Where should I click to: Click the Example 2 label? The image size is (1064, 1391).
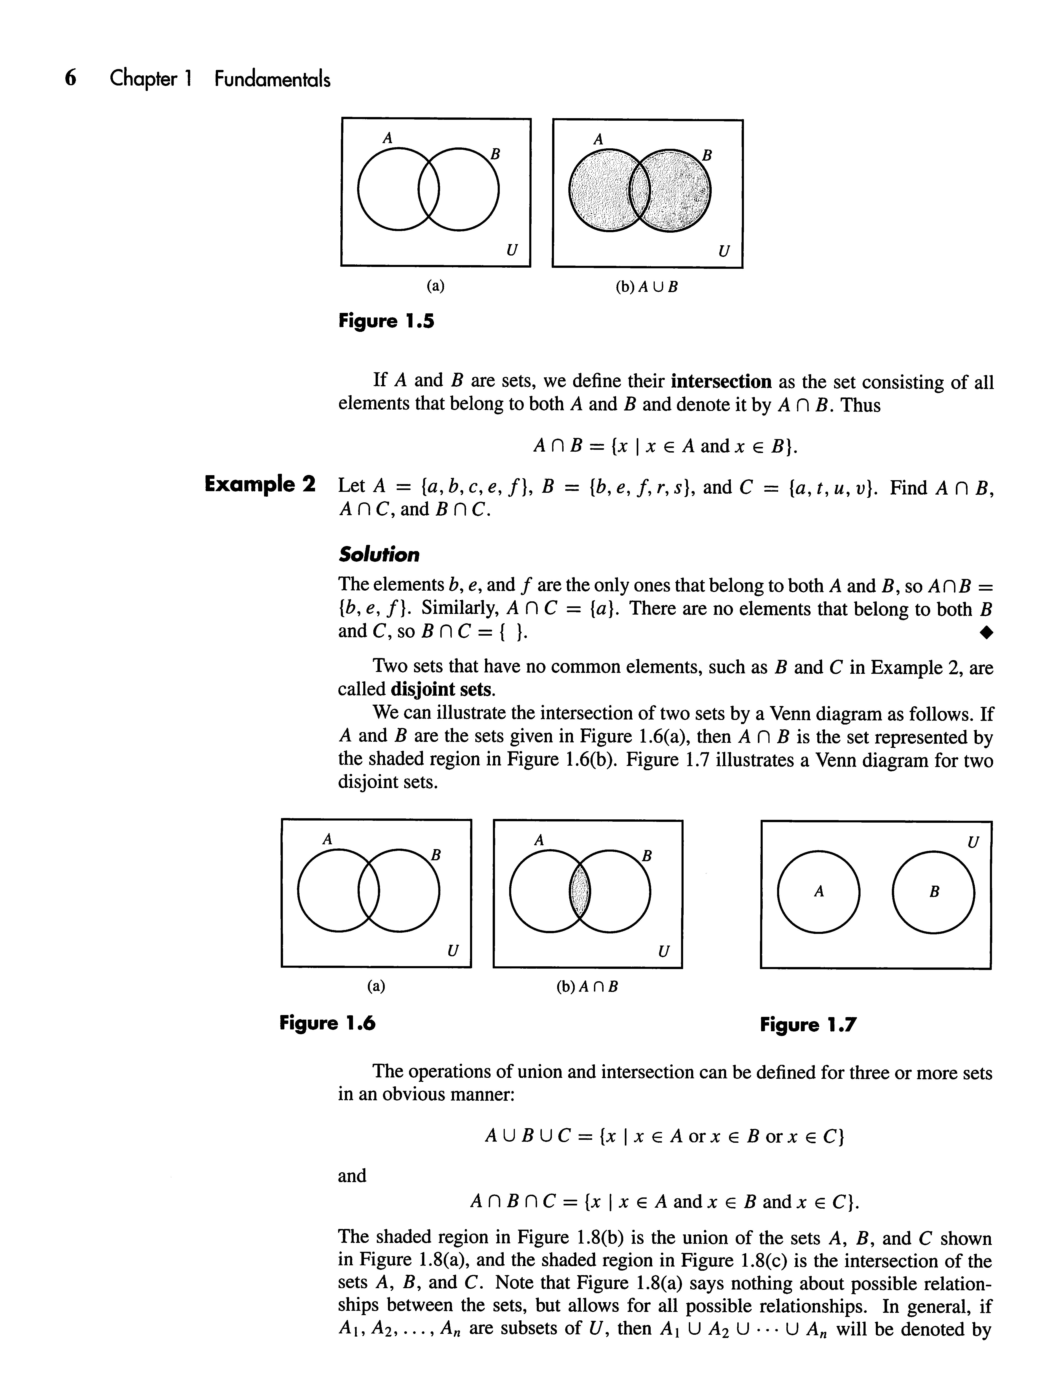coord(260,485)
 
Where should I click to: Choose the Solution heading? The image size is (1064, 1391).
coord(379,555)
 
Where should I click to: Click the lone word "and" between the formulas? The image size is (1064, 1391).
coord(352,1176)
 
